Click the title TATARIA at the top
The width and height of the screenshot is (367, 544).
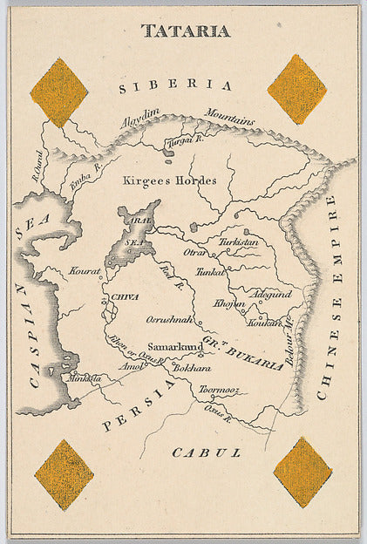(186, 31)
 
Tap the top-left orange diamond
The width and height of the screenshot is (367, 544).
(59, 92)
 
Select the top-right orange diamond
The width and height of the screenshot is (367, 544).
(297, 89)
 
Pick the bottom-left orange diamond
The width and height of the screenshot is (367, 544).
(65, 473)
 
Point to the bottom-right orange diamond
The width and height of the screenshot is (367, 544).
(302, 472)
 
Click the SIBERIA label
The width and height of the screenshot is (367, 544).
(176, 85)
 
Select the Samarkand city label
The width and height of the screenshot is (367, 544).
(175, 346)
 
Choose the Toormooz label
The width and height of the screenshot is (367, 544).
(218, 391)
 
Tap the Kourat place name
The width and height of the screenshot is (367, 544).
(85, 271)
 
